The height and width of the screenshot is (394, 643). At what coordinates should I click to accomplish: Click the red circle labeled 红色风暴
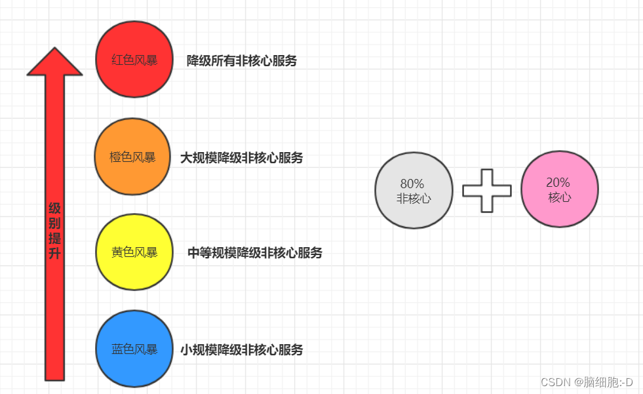coord(134,60)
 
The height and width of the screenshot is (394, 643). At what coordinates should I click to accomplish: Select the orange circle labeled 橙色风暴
coord(132,157)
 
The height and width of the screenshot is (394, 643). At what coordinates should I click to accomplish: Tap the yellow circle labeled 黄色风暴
coord(134,252)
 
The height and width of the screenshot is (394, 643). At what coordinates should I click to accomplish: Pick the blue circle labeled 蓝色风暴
coord(134,349)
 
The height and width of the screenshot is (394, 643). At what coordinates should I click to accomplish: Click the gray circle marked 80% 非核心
coord(414,190)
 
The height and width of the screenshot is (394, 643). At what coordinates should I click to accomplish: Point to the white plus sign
coord(486,191)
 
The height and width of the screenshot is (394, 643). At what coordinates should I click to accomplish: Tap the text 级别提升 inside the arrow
coord(55,231)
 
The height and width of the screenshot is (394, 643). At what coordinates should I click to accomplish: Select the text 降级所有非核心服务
coord(242,61)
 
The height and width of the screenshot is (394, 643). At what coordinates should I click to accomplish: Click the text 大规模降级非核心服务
coord(242,158)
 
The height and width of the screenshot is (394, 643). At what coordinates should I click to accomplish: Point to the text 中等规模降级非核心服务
coord(255,253)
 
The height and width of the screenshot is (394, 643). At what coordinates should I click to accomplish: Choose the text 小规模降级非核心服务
coord(242,350)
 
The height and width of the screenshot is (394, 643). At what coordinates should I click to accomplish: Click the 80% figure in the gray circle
coord(412,184)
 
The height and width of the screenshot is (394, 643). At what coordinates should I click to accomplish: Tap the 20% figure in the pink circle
coord(558,182)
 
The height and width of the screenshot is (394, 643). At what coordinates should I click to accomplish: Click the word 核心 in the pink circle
coord(559,197)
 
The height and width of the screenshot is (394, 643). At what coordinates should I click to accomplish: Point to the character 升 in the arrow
coord(55,253)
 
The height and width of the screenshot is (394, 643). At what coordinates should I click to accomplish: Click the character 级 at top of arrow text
coord(55,208)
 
